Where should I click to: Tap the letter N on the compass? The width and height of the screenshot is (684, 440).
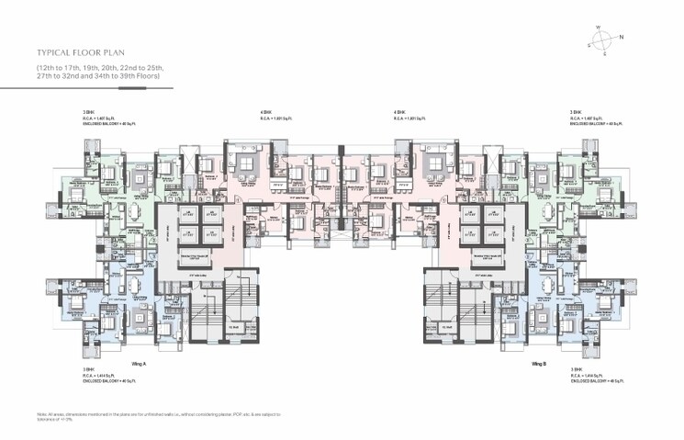tap(622, 38)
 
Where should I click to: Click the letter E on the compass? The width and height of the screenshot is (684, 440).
tap(604, 54)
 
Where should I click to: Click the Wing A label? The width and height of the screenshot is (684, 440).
tap(139, 363)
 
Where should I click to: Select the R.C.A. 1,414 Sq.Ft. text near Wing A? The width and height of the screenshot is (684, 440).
tap(102, 375)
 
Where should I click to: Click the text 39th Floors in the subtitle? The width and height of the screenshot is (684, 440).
tap(144, 77)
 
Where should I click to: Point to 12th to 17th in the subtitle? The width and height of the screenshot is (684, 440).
tap(59, 68)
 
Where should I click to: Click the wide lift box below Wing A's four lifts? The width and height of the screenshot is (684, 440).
tap(199, 265)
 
